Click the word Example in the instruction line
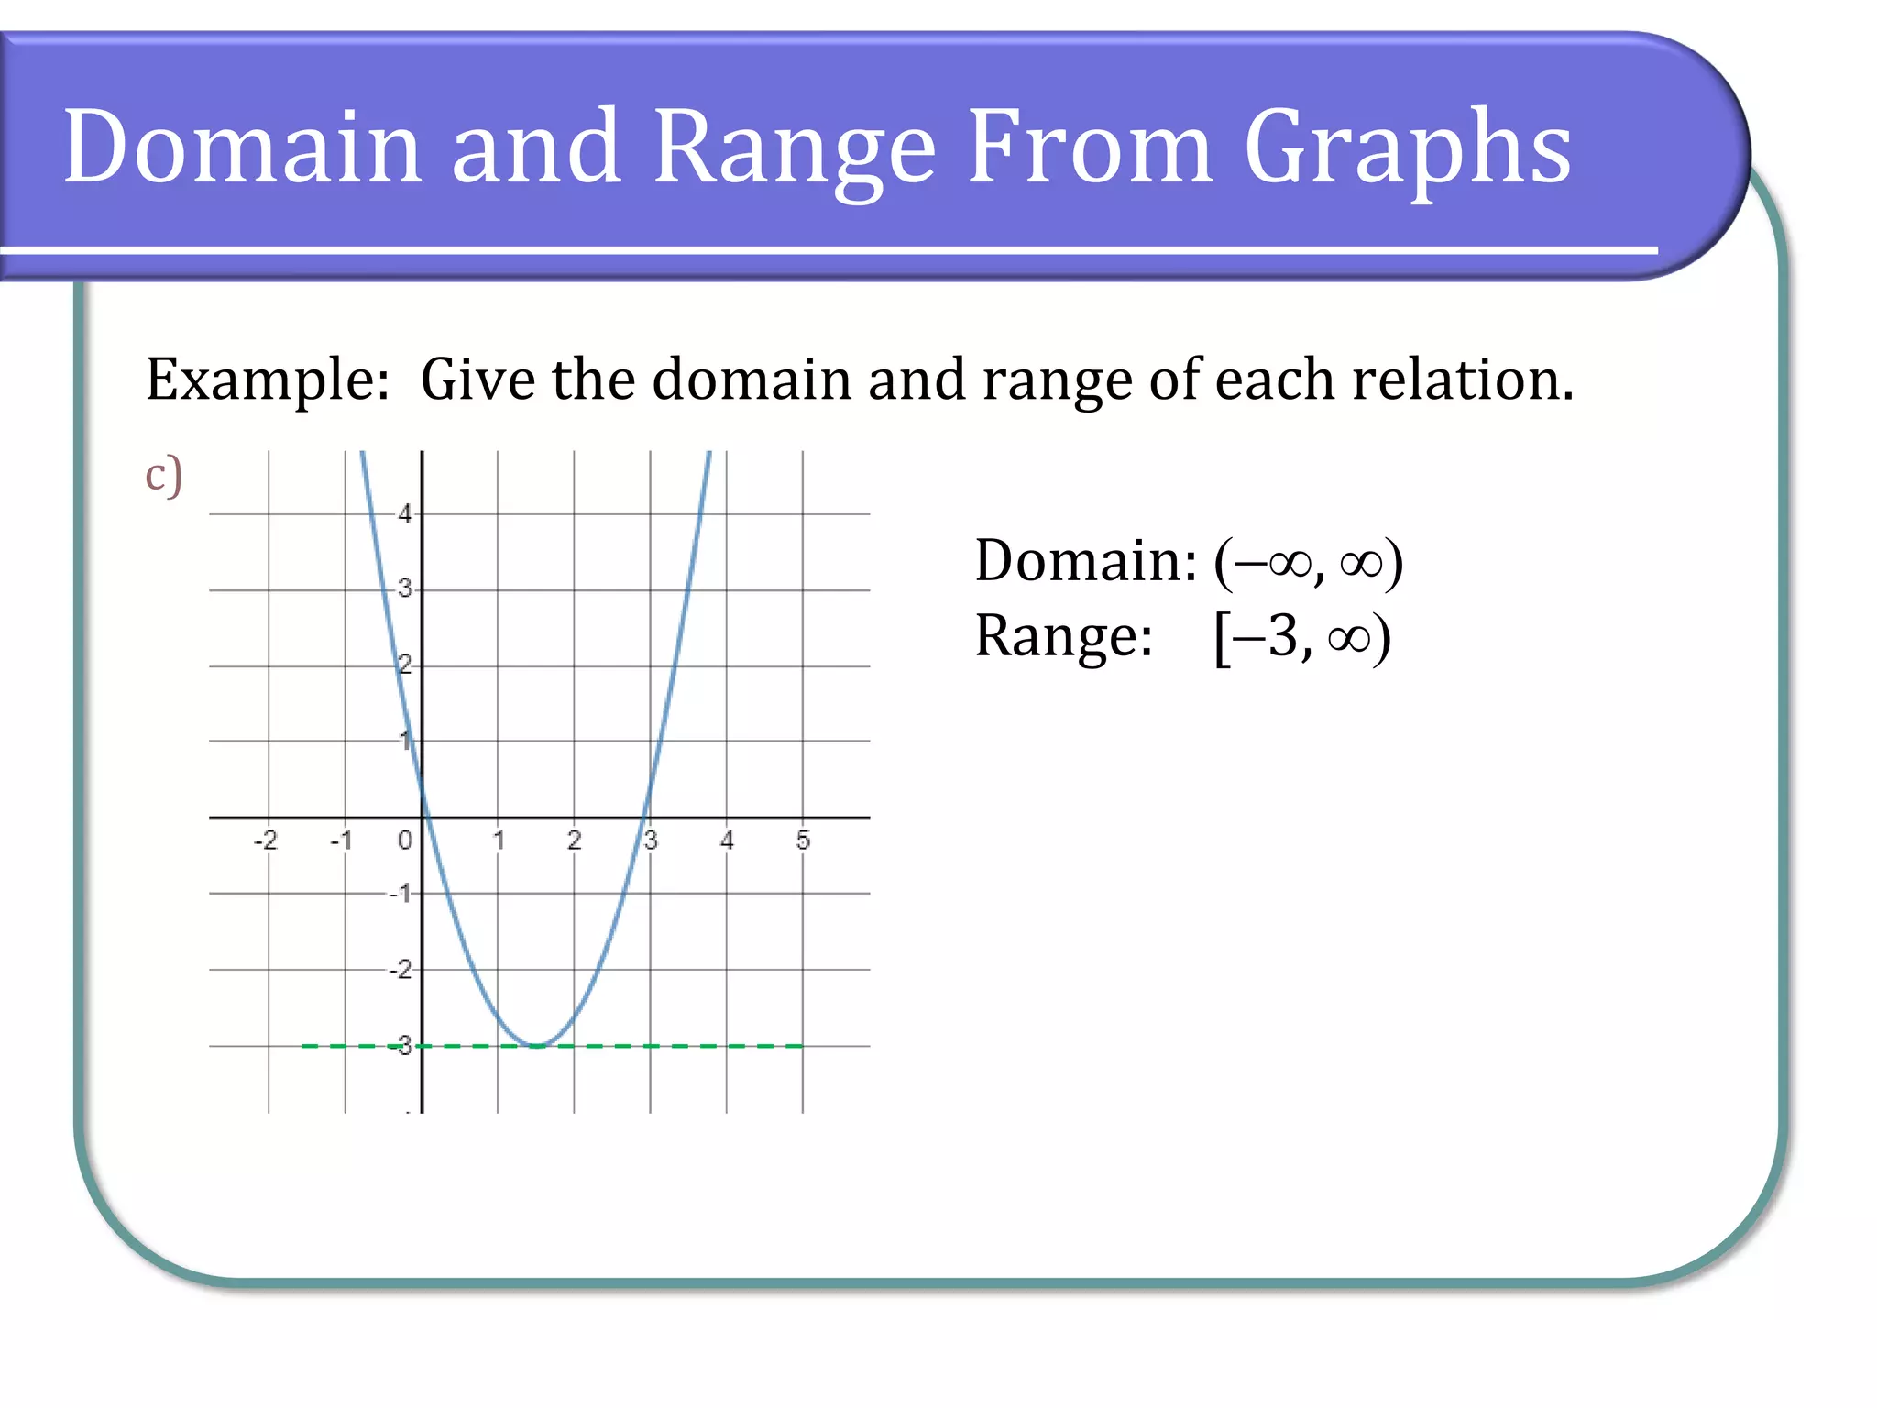pos(267,380)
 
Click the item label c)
pos(164,475)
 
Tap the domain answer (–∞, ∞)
pos(1308,561)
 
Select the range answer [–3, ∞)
pos(1301,636)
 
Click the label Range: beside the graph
pos(1063,636)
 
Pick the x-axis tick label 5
pos(803,840)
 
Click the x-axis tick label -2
pos(265,840)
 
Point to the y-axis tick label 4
pos(404,514)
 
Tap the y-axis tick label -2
pos(401,969)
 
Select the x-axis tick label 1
pos(499,840)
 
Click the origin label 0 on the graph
pos(404,840)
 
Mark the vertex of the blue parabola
pos(537,1045)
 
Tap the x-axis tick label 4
pos(727,840)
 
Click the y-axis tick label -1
pos(401,893)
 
